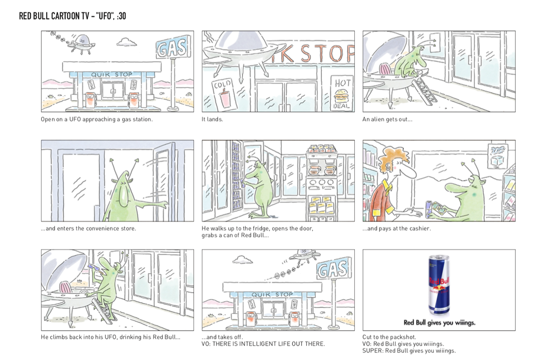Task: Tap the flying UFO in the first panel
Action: tap(82, 44)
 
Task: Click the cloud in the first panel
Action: tap(126, 42)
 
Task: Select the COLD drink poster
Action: tap(225, 94)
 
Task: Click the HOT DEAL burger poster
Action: tap(342, 93)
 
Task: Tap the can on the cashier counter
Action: tap(429, 209)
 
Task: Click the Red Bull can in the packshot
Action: tap(439, 285)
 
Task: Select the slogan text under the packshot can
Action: tap(439, 323)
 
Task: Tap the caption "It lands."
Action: tap(212, 120)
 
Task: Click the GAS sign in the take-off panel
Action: tap(334, 269)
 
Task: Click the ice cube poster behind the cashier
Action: tap(497, 157)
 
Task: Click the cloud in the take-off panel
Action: tap(242, 260)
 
